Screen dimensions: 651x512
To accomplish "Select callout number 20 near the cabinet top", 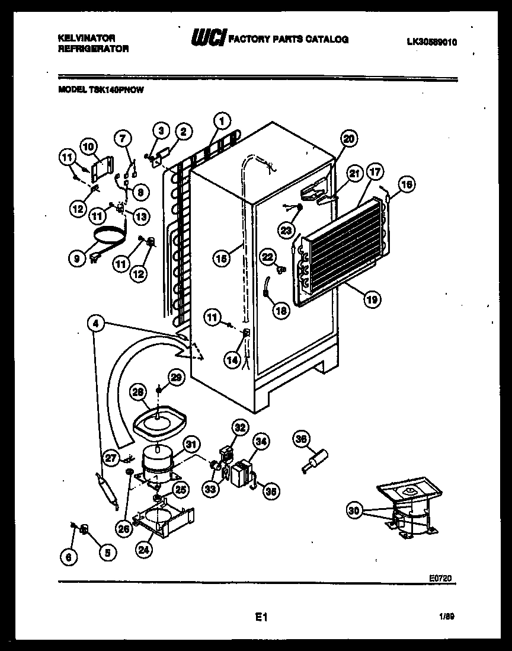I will pyautogui.click(x=349, y=139).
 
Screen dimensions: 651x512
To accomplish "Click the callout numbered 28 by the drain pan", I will pyautogui.click(x=137, y=392).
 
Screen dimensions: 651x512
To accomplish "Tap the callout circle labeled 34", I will pyautogui.click(x=261, y=441).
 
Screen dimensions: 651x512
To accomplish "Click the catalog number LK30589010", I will pyautogui.click(x=433, y=42).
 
